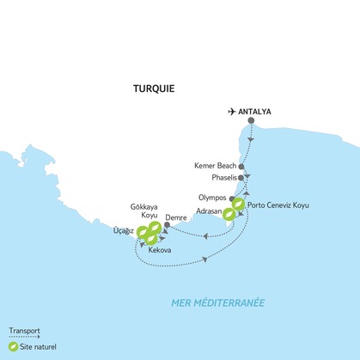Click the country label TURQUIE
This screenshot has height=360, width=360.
(155, 88)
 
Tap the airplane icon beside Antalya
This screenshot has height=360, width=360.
(230, 111)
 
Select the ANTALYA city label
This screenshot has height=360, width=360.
(256, 111)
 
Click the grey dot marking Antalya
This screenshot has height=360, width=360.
(251, 120)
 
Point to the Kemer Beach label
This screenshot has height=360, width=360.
(216, 166)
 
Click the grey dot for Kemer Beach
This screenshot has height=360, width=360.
(241, 166)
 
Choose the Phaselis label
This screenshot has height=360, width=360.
(221, 178)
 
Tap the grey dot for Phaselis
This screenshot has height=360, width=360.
(241, 178)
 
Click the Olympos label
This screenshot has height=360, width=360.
(212, 198)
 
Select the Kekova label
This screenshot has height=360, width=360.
(160, 249)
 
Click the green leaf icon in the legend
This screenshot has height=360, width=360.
(14, 346)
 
